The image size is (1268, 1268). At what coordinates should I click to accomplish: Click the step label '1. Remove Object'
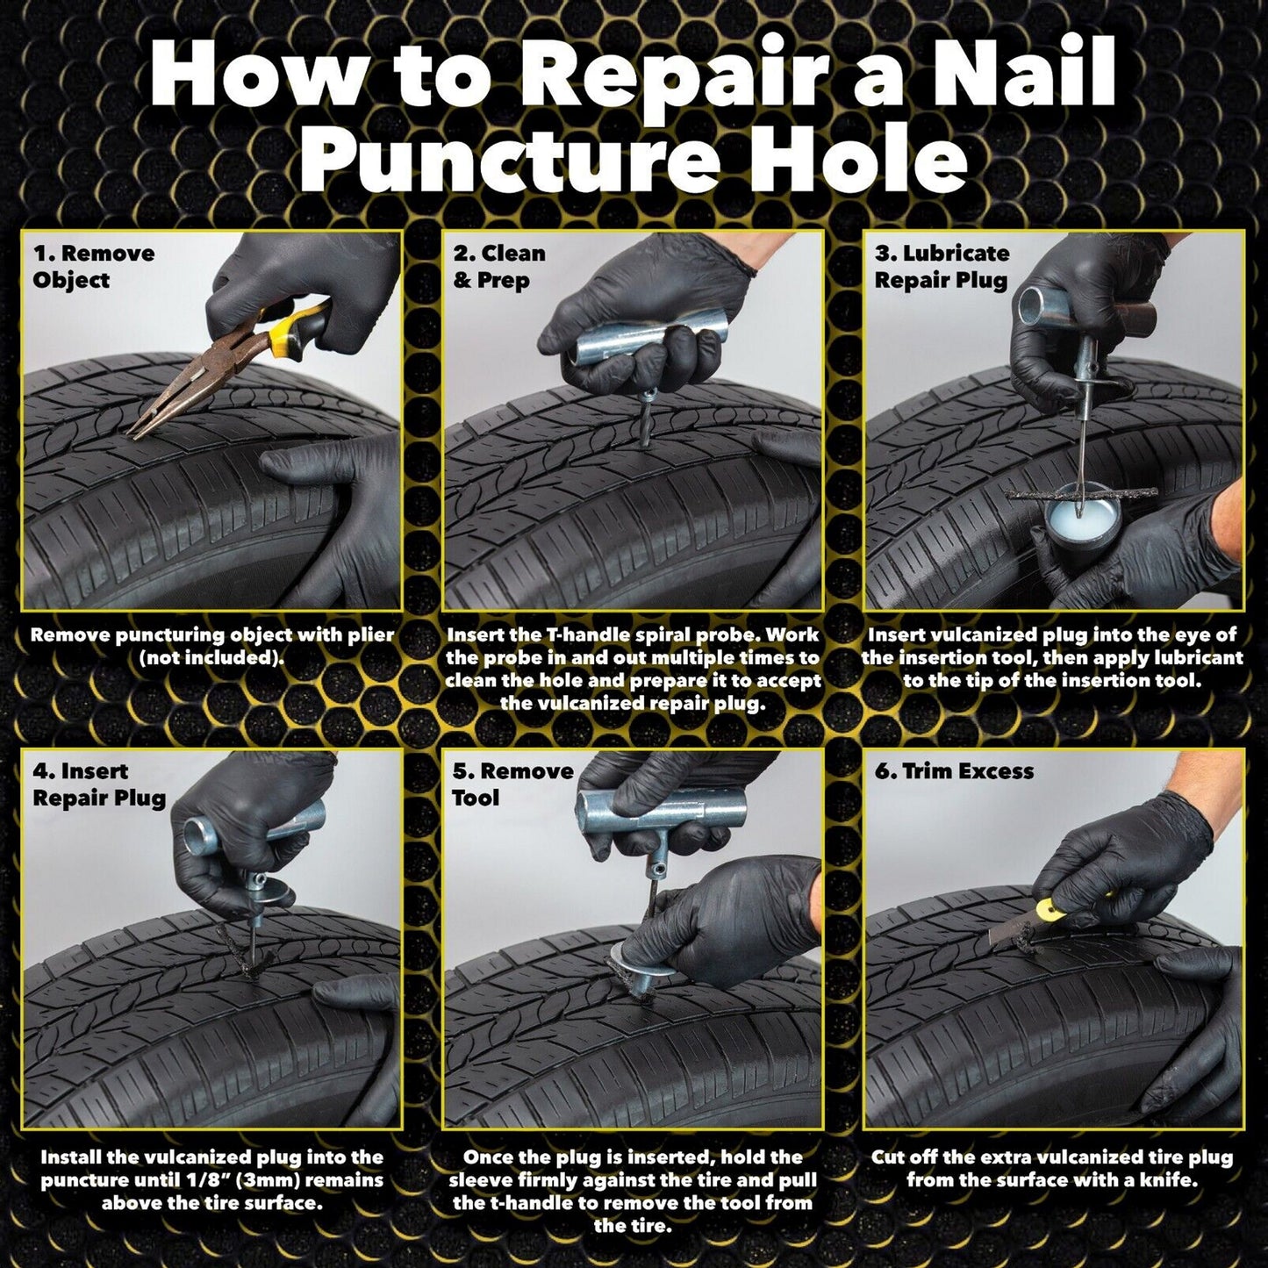tap(94, 266)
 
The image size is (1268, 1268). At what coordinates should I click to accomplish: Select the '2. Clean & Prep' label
tap(498, 266)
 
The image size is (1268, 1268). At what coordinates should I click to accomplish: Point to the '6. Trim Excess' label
tap(954, 770)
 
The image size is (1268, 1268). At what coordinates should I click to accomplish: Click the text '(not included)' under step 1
tap(211, 657)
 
